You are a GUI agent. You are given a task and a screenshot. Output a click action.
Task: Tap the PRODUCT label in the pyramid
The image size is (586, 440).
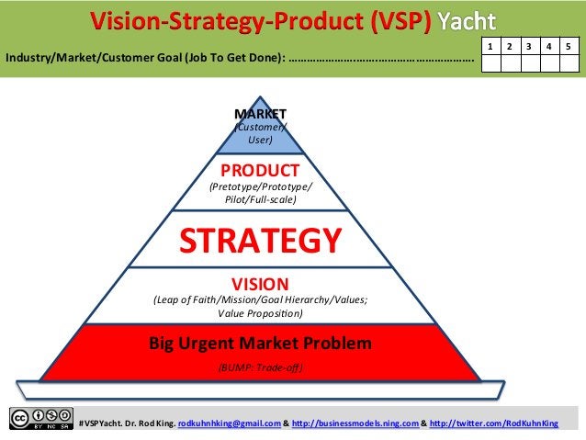tap(260, 170)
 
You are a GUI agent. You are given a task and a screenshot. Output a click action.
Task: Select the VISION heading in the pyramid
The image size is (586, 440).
tap(260, 284)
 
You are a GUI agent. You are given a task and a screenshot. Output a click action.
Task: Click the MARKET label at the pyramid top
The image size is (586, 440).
tap(261, 114)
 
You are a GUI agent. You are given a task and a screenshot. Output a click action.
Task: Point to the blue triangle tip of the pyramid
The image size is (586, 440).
tap(261, 133)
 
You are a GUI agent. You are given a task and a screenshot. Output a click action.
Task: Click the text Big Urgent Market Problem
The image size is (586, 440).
tap(260, 344)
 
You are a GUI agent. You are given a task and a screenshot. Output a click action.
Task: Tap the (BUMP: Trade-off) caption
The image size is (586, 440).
tap(260, 367)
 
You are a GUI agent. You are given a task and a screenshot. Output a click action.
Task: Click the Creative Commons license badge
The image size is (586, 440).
tap(41, 418)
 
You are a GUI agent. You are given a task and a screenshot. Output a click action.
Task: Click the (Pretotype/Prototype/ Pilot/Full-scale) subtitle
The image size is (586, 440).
tap(260, 192)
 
